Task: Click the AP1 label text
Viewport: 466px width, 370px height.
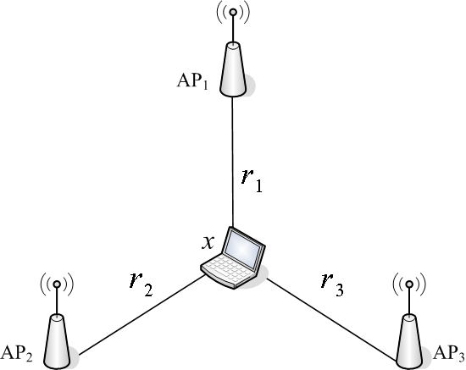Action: pos(192,80)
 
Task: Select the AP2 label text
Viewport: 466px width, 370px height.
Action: pos(17,354)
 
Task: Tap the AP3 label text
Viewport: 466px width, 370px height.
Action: pos(449,354)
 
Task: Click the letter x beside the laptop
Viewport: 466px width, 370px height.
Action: pos(208,243)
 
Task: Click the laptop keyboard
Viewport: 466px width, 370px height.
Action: pos(229,269)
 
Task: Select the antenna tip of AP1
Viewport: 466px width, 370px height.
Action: pos(233,12)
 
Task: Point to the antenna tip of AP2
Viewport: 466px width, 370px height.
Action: pos(57,284)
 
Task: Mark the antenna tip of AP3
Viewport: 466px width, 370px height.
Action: pos(409,284)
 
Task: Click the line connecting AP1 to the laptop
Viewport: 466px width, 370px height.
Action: pos(233,162)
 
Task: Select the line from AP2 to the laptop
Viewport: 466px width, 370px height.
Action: pos(142,315)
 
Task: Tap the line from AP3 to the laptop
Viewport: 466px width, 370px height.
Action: pos(332,319)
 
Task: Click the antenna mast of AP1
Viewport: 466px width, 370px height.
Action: pos(233,29)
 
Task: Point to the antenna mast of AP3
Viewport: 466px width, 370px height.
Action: pos(409,301)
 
